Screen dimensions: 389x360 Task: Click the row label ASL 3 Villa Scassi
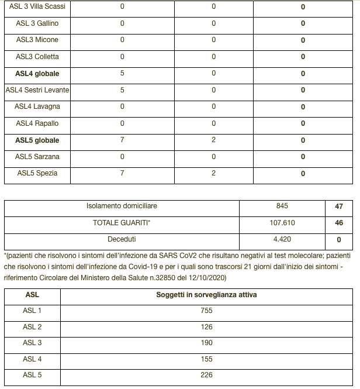37,7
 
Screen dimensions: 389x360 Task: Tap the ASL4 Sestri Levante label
37,90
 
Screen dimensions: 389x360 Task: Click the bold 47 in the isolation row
340,206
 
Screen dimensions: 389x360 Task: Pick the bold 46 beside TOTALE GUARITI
340,223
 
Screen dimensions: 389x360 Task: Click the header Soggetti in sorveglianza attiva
206,295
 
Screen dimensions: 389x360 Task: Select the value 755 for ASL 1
206,311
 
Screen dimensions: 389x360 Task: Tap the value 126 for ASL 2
206,327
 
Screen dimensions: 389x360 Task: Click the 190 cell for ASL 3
206,343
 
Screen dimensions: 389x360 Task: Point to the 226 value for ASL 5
206,375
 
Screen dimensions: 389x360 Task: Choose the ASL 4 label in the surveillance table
32,359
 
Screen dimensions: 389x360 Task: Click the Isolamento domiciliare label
122,206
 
